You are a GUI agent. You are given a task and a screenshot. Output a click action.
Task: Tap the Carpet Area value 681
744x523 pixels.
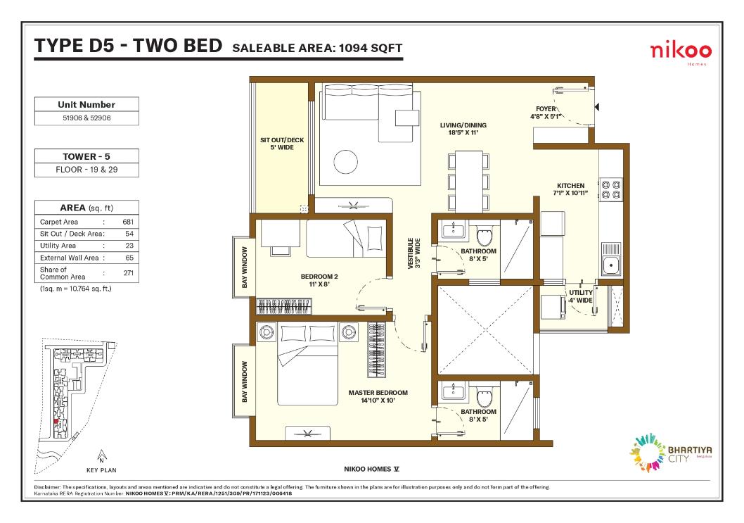pos(128,222)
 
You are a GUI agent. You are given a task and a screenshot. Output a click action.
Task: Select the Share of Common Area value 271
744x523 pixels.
pos(128,273)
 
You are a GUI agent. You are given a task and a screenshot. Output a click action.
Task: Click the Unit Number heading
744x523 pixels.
pos(86,104)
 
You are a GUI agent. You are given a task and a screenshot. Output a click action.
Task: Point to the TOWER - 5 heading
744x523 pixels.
pos(86,156)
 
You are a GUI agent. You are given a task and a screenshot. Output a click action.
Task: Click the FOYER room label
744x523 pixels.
pos(546,109)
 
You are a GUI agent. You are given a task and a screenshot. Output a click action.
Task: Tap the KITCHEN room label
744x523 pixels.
pos(571,186)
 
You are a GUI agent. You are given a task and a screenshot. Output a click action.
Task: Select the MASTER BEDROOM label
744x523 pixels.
pos(378,393)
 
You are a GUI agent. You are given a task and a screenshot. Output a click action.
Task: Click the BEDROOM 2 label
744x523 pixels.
pos(319,277)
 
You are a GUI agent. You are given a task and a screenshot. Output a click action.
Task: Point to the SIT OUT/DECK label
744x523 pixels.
pos(282,140)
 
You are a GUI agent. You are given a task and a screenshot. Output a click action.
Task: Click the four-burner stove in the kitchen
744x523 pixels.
pos(611,189)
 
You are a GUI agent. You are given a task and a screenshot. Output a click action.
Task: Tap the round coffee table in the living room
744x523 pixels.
pos(345,162)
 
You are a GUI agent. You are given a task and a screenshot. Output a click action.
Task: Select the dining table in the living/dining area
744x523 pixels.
pos(469,182)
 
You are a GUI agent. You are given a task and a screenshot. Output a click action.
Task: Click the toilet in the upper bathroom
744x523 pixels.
pos(485,236)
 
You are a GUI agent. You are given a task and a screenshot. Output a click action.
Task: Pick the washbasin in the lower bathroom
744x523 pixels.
pos(453,391)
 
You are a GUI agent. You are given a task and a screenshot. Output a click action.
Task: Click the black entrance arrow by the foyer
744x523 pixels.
pos(597,108)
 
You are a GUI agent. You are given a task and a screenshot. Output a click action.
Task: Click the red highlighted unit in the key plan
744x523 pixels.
pos(56,422)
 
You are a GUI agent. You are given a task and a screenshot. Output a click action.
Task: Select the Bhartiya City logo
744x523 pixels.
pos(670,453)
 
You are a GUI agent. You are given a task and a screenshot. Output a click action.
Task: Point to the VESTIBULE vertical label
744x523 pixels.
pos(414,253)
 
